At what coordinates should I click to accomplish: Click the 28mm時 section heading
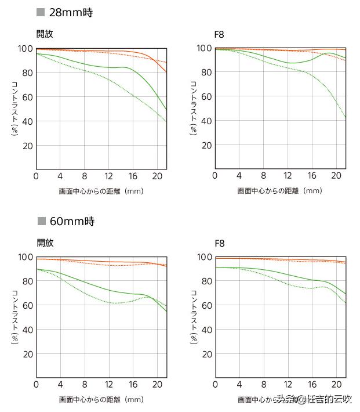click(x=71, y=12)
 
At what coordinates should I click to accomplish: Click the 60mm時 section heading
click(x=71, y=221)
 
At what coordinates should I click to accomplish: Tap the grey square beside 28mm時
click(x=41, y=12)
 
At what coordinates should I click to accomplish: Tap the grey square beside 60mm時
click(x=41, y=221)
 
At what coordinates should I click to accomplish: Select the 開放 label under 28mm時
click(x=45, y=34)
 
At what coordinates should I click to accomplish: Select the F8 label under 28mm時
click(x=219, y=34)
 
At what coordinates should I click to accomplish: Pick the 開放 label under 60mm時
click(x=45, y=243)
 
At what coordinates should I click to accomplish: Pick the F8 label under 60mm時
click(x=219, y=243)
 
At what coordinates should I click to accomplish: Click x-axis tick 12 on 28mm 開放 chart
click(x=108, y=176)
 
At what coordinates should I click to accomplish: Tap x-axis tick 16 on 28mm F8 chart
click(x=311, y=176)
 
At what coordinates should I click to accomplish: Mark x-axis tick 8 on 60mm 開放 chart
click(x=85, y=385)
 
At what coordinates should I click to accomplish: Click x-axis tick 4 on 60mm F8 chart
click(x=239, y=385)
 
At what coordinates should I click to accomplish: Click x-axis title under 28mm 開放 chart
click(x=101, y=190)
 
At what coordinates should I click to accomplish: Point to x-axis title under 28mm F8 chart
click(x=279, y=190)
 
